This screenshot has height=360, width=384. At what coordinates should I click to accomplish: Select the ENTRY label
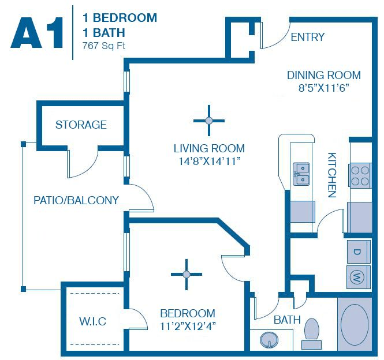point(307,37)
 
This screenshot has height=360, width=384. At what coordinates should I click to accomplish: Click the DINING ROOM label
point(323,75)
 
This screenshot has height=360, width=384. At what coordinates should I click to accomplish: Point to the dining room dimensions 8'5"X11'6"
point(323,88)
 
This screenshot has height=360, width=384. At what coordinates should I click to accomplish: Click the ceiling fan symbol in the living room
point(209,120)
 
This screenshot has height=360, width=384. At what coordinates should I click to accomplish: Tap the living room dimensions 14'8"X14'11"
point(209,162)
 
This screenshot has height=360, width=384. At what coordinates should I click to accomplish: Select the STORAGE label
point(81,125)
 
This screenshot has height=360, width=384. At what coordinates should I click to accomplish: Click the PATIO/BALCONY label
point(76,201)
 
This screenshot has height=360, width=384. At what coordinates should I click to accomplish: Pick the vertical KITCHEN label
point(332,175)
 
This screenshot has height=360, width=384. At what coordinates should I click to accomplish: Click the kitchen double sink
point(301,173)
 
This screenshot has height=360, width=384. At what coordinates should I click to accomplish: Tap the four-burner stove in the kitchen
point(360,175)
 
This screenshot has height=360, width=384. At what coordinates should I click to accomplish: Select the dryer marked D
point(357,252)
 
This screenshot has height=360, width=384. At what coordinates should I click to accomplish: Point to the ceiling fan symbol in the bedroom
point(187,273)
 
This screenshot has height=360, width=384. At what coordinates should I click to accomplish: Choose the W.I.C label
point(92,321)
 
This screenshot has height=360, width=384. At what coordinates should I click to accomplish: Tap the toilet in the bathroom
point(312,332)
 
